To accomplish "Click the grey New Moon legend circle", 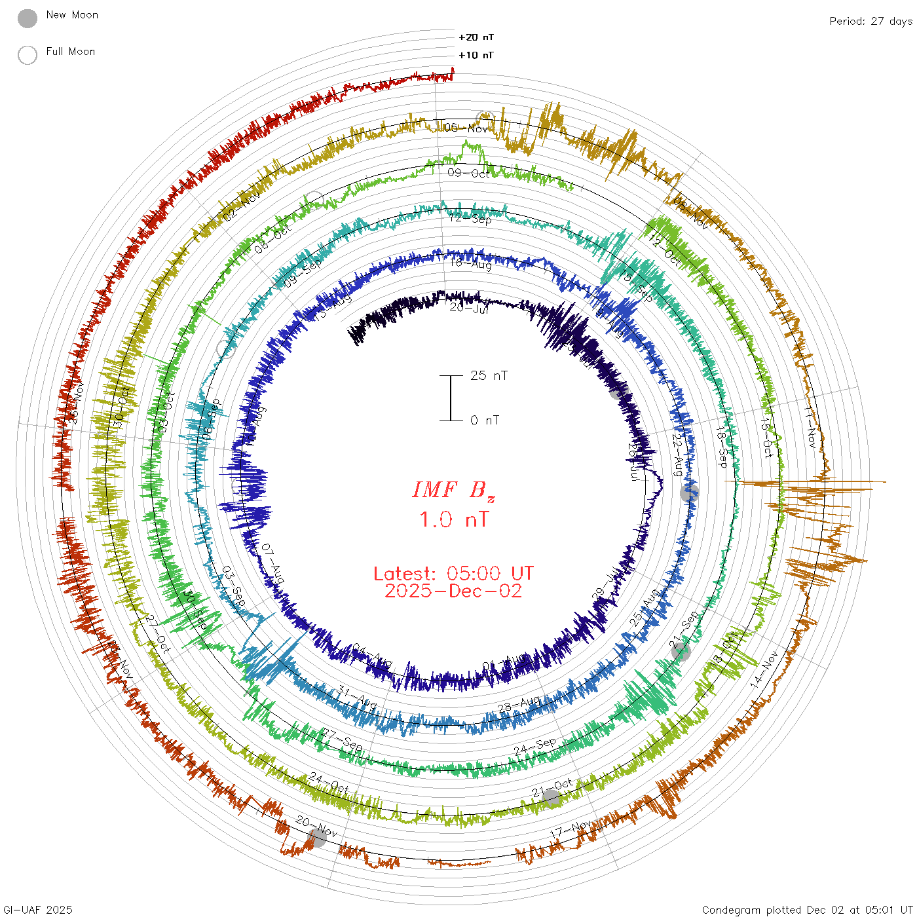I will [28, 19].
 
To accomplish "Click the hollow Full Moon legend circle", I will [28, 55].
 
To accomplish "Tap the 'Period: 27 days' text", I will [870, 21].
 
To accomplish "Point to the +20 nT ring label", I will [476, 37].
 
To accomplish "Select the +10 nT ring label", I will [476, 55].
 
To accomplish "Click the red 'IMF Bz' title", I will [453, 490].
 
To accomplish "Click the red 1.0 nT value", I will [453, 519].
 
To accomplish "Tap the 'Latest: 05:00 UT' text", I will [453, 574].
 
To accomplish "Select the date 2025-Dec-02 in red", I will [453, 591].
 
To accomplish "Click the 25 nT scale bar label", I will [489, 375].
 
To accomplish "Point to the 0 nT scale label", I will [485, 420].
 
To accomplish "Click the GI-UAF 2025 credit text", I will [37, 910].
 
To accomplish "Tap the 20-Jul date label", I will [469, 307].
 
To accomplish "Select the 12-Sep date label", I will [470, 218].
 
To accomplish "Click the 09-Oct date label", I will [469, 173].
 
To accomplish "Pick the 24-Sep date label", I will [534, 746].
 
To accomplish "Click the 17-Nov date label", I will [571, 829].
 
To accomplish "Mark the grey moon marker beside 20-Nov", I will [317, 837].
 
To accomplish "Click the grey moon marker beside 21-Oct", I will [551, 798].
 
